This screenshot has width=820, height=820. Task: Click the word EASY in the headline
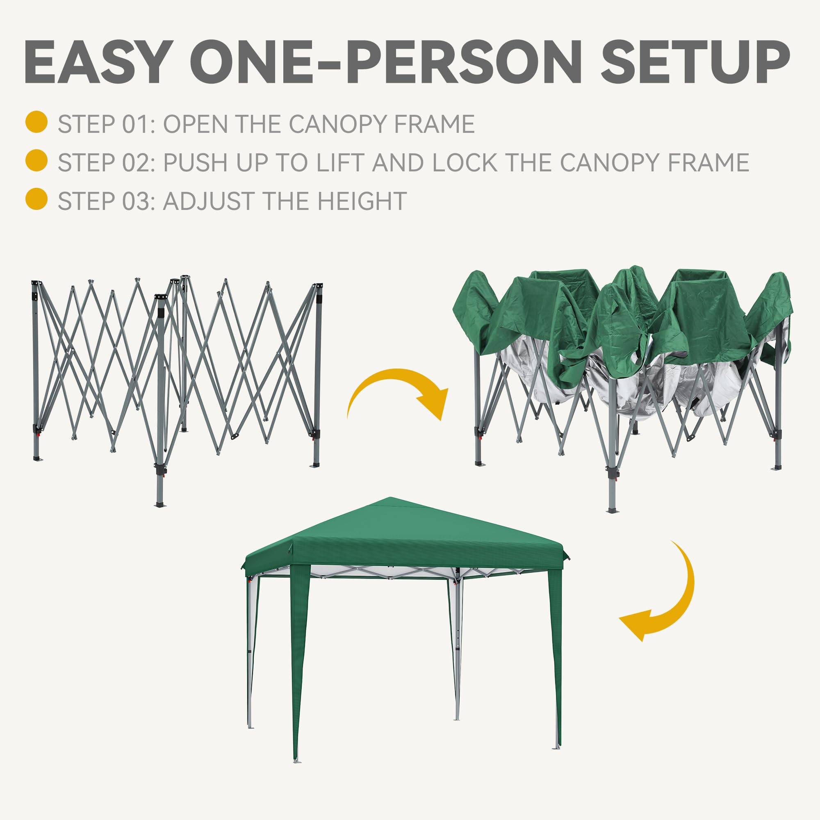pyautogui.click(x=98, y=63)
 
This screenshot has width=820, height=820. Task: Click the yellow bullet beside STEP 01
pyautogui.click(x=36, y=122)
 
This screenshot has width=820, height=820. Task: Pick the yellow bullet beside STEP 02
pyautogui.click(x=36, y=161)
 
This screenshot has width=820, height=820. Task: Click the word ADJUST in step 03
pyautogui.click(x=203, y=201)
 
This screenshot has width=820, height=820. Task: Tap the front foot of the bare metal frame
pyautogui.click(x=160, y=505)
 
